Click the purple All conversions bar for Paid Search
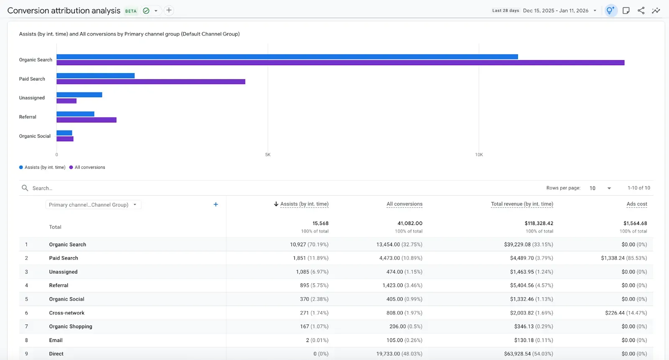151,82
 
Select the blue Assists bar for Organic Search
287,57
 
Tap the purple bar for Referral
86,120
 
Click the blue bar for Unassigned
79,95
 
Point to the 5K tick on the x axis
268,155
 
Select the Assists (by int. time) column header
304,204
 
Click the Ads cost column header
636,204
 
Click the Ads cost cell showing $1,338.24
623,258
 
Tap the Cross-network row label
66,313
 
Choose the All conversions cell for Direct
399,354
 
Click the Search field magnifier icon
25,188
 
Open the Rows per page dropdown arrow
609,188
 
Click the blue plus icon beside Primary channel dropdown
216,204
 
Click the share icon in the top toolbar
641,11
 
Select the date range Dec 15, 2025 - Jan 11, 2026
555,11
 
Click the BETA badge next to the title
131,11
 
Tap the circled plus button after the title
169,10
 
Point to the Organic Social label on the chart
35,136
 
